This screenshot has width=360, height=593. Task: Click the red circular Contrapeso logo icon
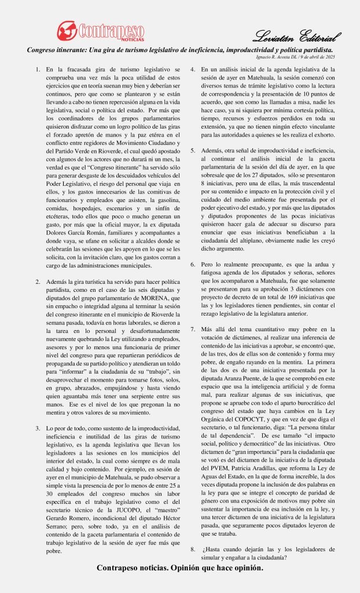tap(67, 30)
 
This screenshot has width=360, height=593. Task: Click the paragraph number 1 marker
tap(38, 69)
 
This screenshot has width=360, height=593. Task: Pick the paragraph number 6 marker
tap(193, 264)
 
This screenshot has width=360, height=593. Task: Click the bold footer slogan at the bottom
tap(179, 568)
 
